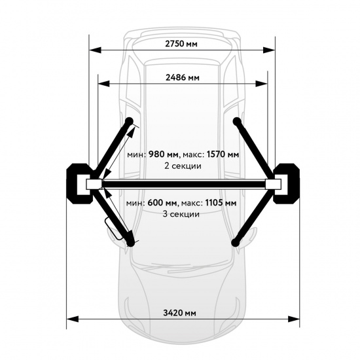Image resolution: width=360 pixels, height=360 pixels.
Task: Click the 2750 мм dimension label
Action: [x=181, y=44]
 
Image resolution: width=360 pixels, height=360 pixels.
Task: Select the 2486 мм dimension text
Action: [x=183, y=78]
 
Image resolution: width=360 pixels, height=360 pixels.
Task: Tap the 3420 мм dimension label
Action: [x=179, y=313]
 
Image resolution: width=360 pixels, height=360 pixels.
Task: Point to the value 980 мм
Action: [x=163, y=154]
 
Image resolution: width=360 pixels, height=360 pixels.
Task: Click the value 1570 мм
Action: [x=223, y=154]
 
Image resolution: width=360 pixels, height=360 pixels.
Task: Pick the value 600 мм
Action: [x=162, y=203]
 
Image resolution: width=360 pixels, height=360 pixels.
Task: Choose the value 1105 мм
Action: [x=221, y=203]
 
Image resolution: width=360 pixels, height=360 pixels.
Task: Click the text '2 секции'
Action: [x=183, y=166]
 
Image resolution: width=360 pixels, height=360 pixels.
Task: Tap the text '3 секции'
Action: [x=181, y=214]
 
